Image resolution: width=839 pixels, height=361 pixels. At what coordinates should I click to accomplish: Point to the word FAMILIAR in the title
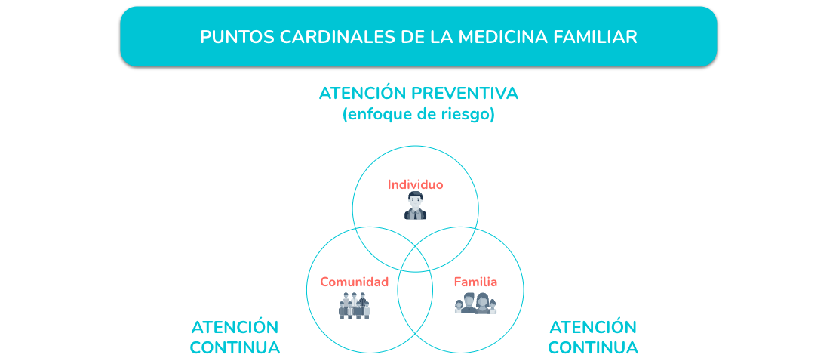[x=594, y=37]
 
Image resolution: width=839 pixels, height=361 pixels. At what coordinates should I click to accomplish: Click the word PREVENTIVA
[x=465, y=93]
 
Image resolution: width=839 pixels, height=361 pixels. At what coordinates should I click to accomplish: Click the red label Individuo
[x=415, y=185]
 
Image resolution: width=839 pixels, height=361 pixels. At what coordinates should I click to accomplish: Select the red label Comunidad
[x=354, y=282]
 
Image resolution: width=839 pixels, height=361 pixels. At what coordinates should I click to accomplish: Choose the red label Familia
[x=475, y=282]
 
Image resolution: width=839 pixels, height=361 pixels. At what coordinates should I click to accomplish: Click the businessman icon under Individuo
[x=415, y=206]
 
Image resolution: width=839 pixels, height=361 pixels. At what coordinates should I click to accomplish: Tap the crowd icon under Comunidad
[x=354, y=305]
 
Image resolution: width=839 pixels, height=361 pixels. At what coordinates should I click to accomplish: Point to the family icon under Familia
[x=475, y=304]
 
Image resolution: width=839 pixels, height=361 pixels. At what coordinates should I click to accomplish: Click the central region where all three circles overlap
[x=415, y=255]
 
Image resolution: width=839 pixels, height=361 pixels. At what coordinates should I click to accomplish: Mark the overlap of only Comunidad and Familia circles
[x=415, y=305]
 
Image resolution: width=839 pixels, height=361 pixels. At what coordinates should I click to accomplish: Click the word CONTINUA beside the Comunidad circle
[x=235, y=347]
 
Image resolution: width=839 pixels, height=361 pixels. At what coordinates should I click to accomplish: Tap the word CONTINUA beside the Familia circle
[x=593, y=347]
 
